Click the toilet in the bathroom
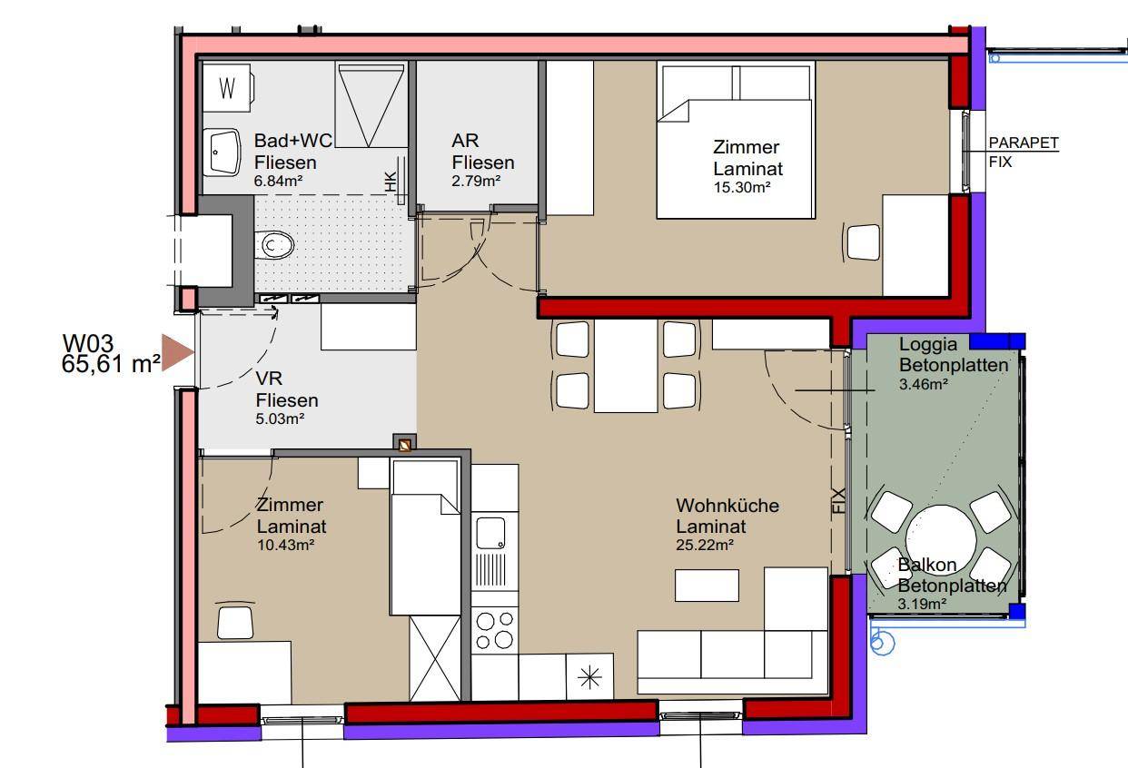point(274,246)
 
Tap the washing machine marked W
point(228,88)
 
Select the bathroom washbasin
point(222,152)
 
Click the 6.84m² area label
point(278,181)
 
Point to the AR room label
point(465,141)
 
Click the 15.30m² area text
point(742,188)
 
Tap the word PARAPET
point(1024,143)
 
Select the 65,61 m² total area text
point(111,364)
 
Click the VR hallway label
point(269,378)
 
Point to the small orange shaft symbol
point(404,445)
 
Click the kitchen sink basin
point(490,533)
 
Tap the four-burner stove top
point(494,630)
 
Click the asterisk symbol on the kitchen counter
point(589,677)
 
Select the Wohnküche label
point(727,506)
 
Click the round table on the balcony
point(941,539)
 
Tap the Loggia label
point(928,344)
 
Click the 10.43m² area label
point(285,545)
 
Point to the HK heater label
point(391,182)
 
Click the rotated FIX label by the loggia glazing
point(838,500)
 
